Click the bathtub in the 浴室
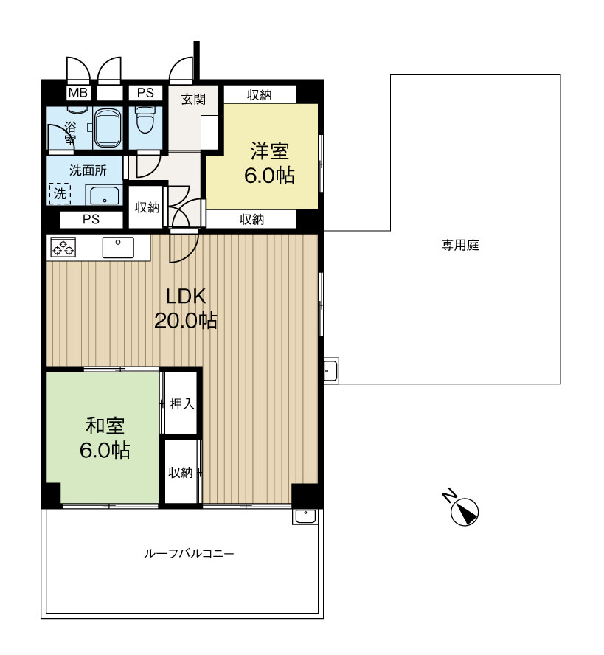pyautogui.click(x=108, y=128)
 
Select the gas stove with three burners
pyautogui.click(x=63, y=247)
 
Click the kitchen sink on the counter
pyautogui.click(x=118, y=247)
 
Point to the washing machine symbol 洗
pyautogui.click(x=60, y=194)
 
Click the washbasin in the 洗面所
pyautogui.click(x=105, y=195)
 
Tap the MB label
pyautogui.click(x=78, y=92)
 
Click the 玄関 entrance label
pyautogui.click(x=193, y=100)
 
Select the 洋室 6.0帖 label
pyautogui.click(x=269, y=163)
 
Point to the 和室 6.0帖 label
pyautogui.click(x=105, y=438)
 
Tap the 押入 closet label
pyautogui.click(x=182, y=403)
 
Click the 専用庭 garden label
pyautogui.click(x=460, y=245)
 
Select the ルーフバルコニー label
pyautogui.click(x=189, y=553)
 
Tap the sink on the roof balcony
pyautogui.click(x=305, y=516)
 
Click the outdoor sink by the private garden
pyautogui.click(x=331, y=370)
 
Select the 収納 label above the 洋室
pyautogui.click(x=260, y=95)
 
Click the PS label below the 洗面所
pyautogui.click(x=91, y=219)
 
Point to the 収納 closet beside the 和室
pyautogui.click(x=181, y=473)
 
